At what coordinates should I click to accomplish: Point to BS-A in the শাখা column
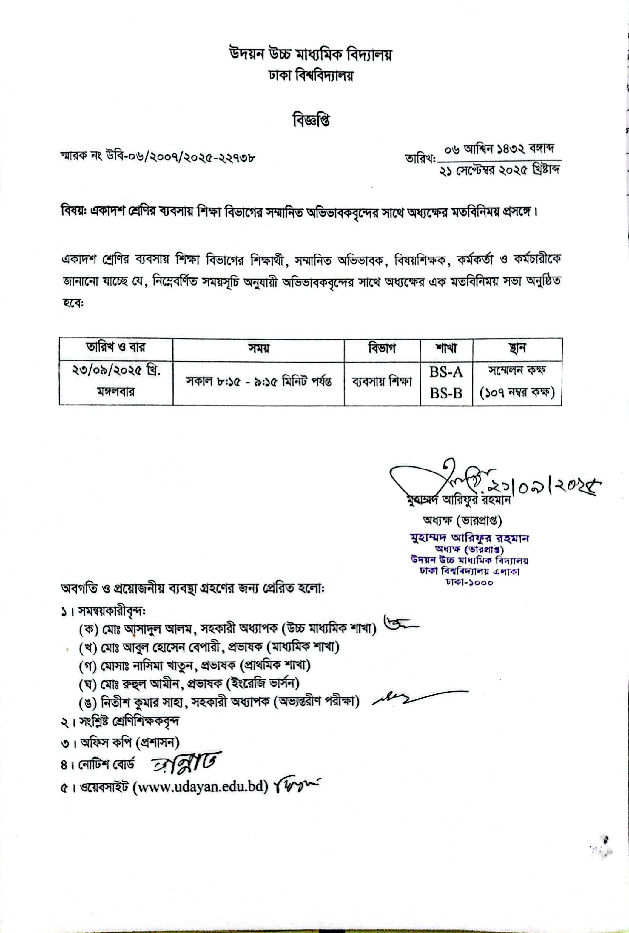pyautogui.click(x=446, y=372)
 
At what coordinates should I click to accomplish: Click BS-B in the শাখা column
pyautogui.click(x=446, y=393)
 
